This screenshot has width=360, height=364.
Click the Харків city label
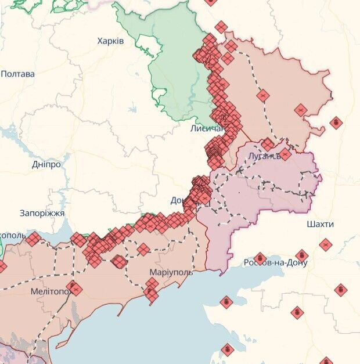click(110, 41)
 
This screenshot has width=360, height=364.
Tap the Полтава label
click(17, 74)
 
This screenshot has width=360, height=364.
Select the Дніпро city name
click(46, 164)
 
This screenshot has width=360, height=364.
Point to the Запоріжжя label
click(42, 213)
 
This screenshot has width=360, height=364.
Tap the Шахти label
click(321, 224)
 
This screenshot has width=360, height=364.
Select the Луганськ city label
click(264, 156)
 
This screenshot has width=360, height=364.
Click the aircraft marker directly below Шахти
click(326, 244)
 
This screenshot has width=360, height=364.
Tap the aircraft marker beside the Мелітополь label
click(74, 287)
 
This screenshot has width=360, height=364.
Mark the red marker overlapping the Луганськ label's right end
click(285, 154)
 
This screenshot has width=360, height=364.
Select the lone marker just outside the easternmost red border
click(336, 122)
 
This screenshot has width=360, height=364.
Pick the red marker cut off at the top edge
click(210, 2)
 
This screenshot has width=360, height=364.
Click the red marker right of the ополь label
click(33, 239)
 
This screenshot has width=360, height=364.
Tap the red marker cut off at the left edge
click(2, 266)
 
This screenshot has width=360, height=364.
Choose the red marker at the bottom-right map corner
click(326, 361)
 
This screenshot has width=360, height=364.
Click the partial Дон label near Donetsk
click(177, 200)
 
